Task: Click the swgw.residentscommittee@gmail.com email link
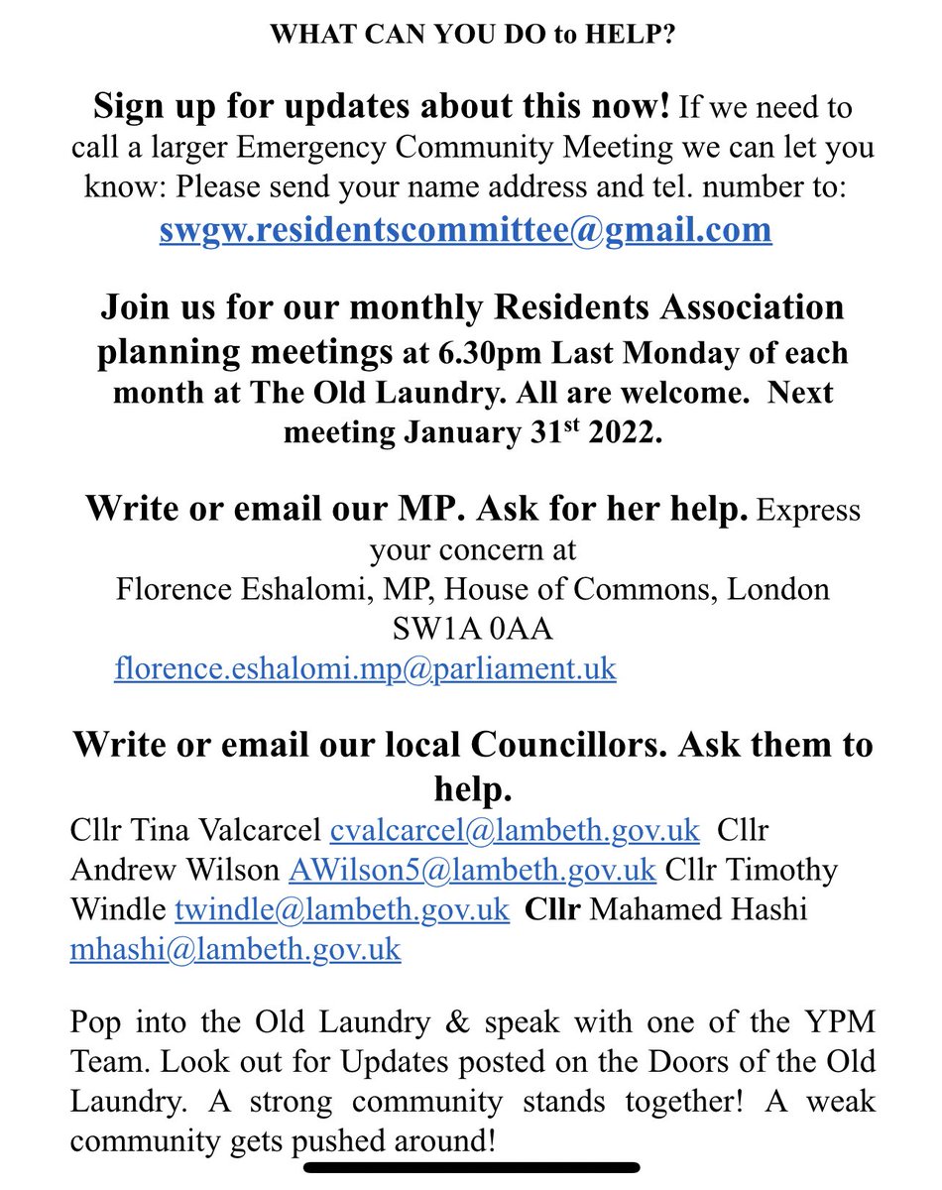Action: point(465,229)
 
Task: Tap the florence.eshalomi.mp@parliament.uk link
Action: point(365,668)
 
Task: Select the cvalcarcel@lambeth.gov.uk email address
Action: point(515,828)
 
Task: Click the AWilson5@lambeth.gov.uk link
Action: point(472,870)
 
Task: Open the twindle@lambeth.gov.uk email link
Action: point(342,909)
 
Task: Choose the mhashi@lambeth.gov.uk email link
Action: point(235,949)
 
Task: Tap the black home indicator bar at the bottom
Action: point(471,1167)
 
